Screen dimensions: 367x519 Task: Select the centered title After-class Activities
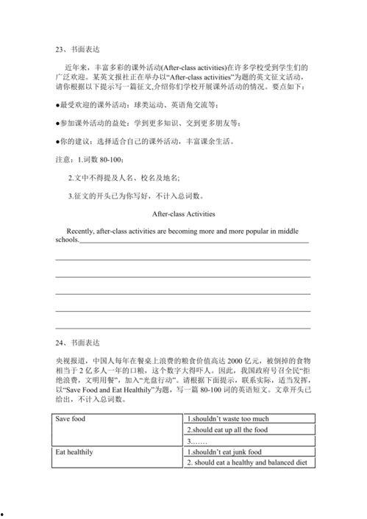(x=182, y=215)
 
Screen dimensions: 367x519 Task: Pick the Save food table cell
(x=71, y=419)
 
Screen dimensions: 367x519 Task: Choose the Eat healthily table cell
(x=74, y=452)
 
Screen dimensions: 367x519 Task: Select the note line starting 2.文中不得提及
(x=123, y=178)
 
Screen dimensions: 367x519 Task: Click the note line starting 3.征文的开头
(x=136, y=196)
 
